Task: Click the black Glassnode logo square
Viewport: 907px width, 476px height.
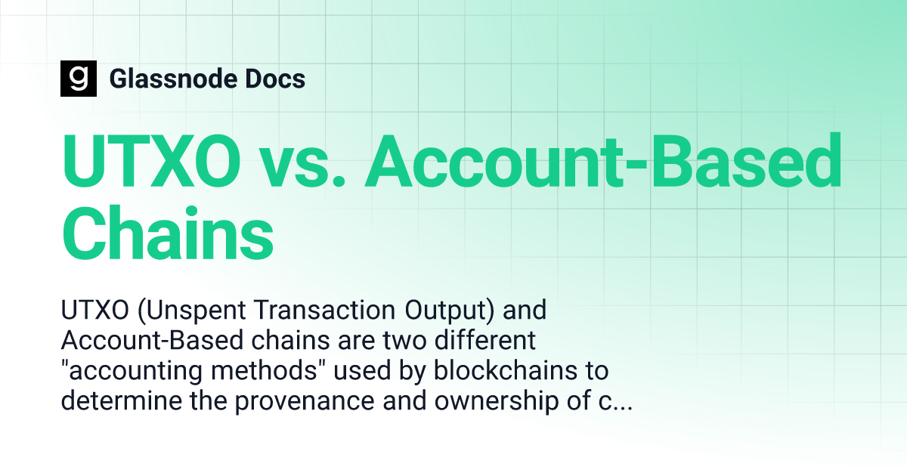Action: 79,79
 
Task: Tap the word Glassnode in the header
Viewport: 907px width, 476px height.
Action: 173,79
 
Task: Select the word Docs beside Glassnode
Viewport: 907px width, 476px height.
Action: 275,79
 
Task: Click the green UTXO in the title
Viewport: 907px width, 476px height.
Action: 150,161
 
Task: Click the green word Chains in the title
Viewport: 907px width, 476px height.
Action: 168,234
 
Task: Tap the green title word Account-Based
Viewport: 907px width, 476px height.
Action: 603,160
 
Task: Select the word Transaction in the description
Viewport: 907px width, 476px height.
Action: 324,310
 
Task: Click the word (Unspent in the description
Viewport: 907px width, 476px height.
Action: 191,311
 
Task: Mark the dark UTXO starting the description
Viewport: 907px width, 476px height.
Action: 94,310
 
